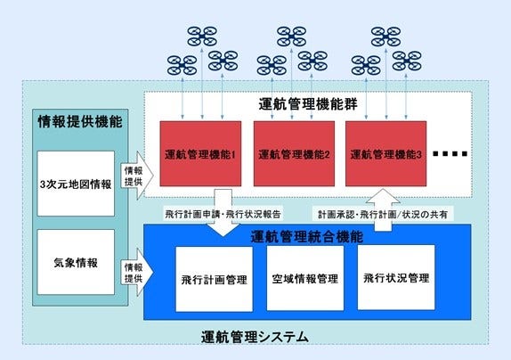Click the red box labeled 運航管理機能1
tap(199, 153)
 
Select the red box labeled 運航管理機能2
tap(290, 153)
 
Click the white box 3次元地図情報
tap(76, 184)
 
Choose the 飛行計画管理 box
tap(215, 279)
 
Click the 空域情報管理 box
tap(304, 279)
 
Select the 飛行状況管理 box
tap(397, 277)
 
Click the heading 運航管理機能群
tap(307, 103)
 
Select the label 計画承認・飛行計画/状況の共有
tap(383, 214)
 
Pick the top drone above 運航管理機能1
tap(203, 37)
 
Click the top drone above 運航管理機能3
tap(385, 37)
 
